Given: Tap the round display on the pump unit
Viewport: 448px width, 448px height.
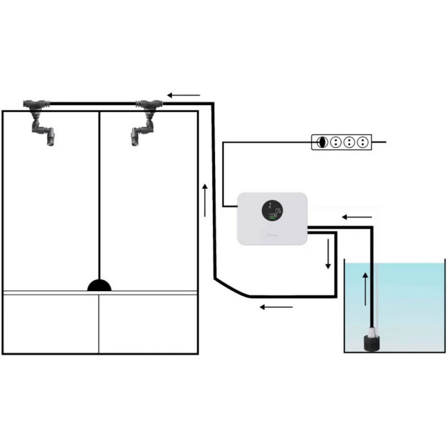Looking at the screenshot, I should (272, 211).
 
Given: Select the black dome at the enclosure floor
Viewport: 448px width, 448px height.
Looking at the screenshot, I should (99, 286).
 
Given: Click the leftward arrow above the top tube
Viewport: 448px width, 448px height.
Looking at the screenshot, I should (183, 95).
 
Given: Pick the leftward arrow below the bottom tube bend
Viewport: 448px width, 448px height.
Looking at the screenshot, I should (276, 306).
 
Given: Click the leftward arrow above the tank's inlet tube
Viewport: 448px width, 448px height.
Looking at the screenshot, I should (356, 217).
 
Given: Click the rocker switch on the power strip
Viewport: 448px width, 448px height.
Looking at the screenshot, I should (321, 142).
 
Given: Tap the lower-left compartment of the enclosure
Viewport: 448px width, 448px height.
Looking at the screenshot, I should (51, 324).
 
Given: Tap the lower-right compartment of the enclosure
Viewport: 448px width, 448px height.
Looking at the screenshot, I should (148, 324).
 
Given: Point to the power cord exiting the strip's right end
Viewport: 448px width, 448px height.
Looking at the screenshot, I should (379, 142).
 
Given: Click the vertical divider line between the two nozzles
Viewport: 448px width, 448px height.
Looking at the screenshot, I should (99, 196).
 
